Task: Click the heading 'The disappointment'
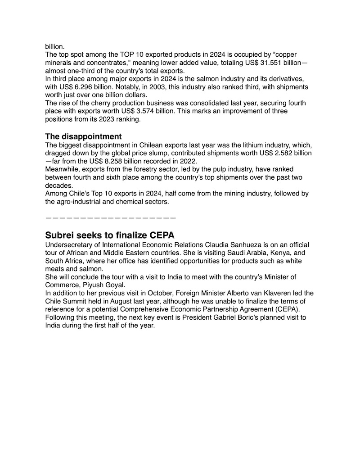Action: (x=83, y=136)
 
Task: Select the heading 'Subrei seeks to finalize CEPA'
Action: (x=110, y=235)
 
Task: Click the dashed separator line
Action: (x=110, y=218)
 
